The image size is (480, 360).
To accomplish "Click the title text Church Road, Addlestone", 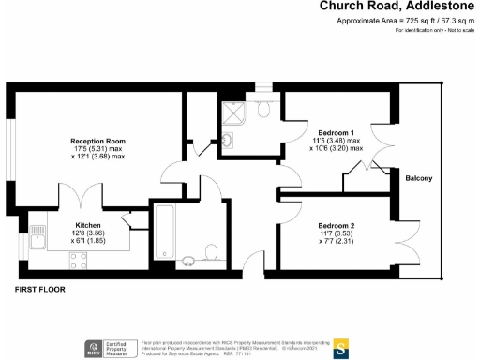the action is (398, 7).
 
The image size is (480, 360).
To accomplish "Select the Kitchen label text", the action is (91, 225).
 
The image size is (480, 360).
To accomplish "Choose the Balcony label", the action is (418, 178).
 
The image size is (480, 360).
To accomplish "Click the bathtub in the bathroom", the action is (162, 232).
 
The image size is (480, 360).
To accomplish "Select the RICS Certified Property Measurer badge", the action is (110, 350).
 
